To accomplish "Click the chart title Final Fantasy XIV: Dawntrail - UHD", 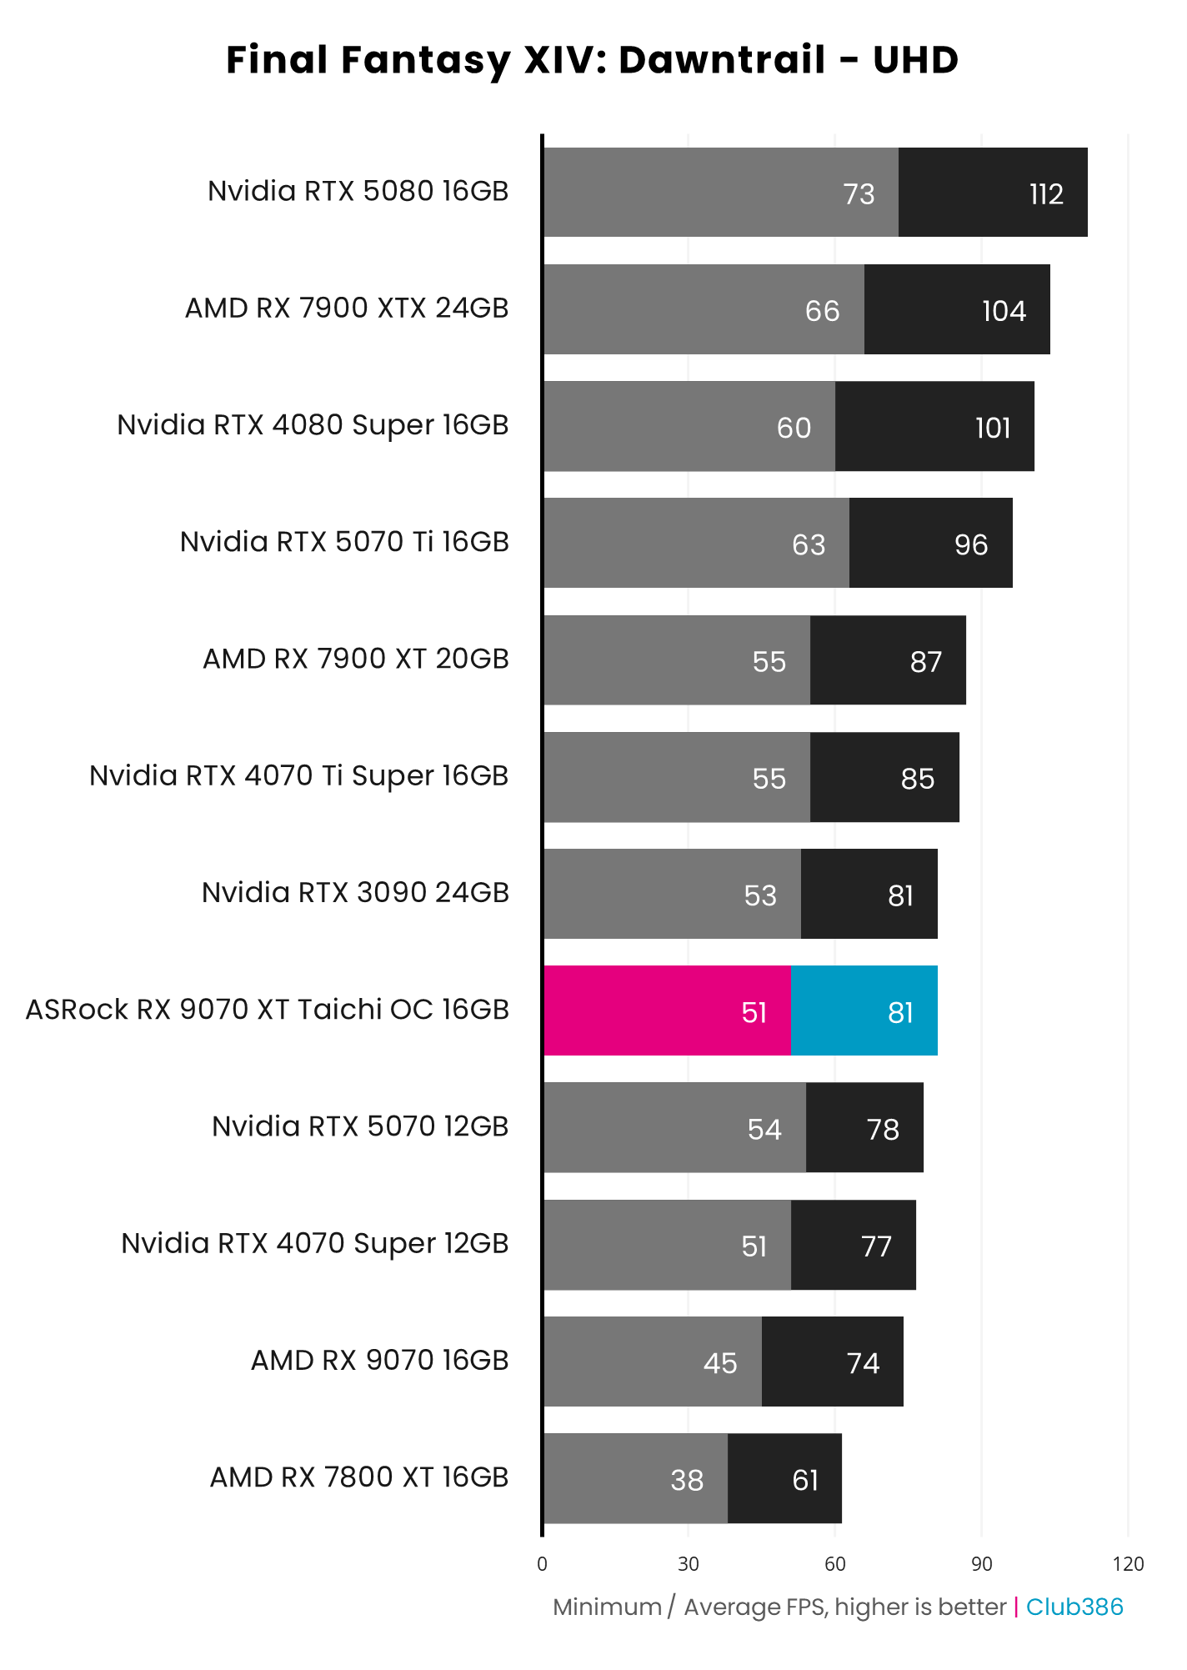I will click(x=592, y=61).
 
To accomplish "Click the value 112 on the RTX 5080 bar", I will click(x=1046, y=194).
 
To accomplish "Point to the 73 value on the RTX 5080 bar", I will click(x=859, y=194).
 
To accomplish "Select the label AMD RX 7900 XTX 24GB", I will click(x=347, y=308).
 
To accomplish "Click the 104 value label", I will click(x=1004, y=312).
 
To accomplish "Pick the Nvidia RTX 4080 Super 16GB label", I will click(x=313, y=425).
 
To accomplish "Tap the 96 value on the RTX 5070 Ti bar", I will click(x=971, y=545).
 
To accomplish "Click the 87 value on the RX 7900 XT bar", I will click(x=925, y=662).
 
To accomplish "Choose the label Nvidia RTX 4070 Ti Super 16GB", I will click(x=298, y=776).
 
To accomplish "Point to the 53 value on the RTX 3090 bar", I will click(x=760, y=896).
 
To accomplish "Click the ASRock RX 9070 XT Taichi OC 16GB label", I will click(x=267, y=1010).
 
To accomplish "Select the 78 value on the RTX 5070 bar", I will click(x=883, y=1130).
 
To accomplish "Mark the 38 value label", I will click(x=687, y=1481).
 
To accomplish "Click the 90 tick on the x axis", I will click(x=981, y=1564).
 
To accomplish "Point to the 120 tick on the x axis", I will click(x=1128, y=1564).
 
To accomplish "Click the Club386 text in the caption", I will click(x=1074, y=1607).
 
